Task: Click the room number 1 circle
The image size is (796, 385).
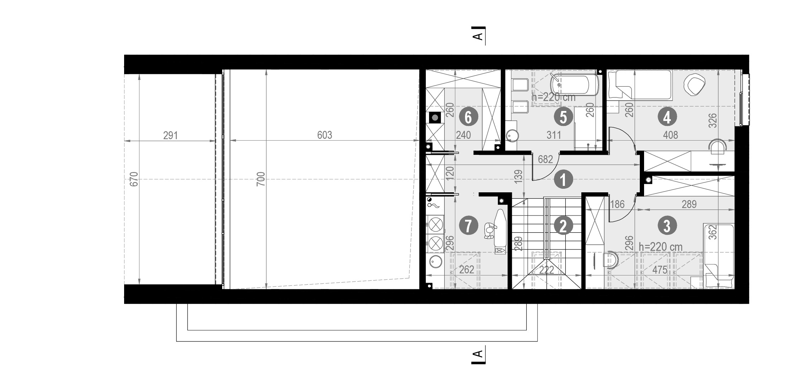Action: point(563,180)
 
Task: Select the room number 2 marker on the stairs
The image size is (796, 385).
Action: point(563,226)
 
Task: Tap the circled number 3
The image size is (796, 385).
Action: point(666,226)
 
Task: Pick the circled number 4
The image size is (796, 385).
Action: point(667,117)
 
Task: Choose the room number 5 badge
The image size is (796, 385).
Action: point(563,117)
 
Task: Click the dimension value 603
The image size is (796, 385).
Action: point(325,135)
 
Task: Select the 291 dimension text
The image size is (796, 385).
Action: point(170,136)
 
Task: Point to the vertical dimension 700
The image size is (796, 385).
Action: point(261,179)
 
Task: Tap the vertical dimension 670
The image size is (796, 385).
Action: point(134,179)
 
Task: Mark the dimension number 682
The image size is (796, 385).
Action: point(545,159)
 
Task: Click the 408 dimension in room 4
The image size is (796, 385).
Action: point(670,135)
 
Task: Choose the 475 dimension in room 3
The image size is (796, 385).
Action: point(659,270)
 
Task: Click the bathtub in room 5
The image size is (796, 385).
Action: point(574,85)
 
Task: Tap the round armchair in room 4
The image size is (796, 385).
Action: point(694,85)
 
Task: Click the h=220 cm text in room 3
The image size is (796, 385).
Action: point(660,247)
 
